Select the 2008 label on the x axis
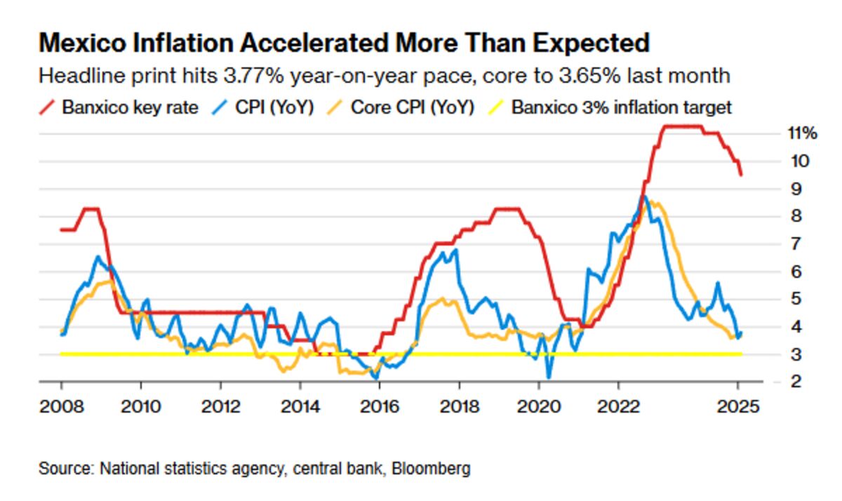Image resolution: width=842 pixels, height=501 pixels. (61, 406)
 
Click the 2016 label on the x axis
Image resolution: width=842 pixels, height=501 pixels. (380, 406)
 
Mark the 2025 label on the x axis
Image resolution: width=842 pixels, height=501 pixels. (738, 406)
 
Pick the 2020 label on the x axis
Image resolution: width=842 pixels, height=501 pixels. (539, 406)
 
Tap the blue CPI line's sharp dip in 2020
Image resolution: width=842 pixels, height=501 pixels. (549, 378)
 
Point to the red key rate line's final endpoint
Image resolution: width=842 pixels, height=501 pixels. (741, 175)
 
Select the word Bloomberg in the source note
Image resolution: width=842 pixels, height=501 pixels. (431, 468)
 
